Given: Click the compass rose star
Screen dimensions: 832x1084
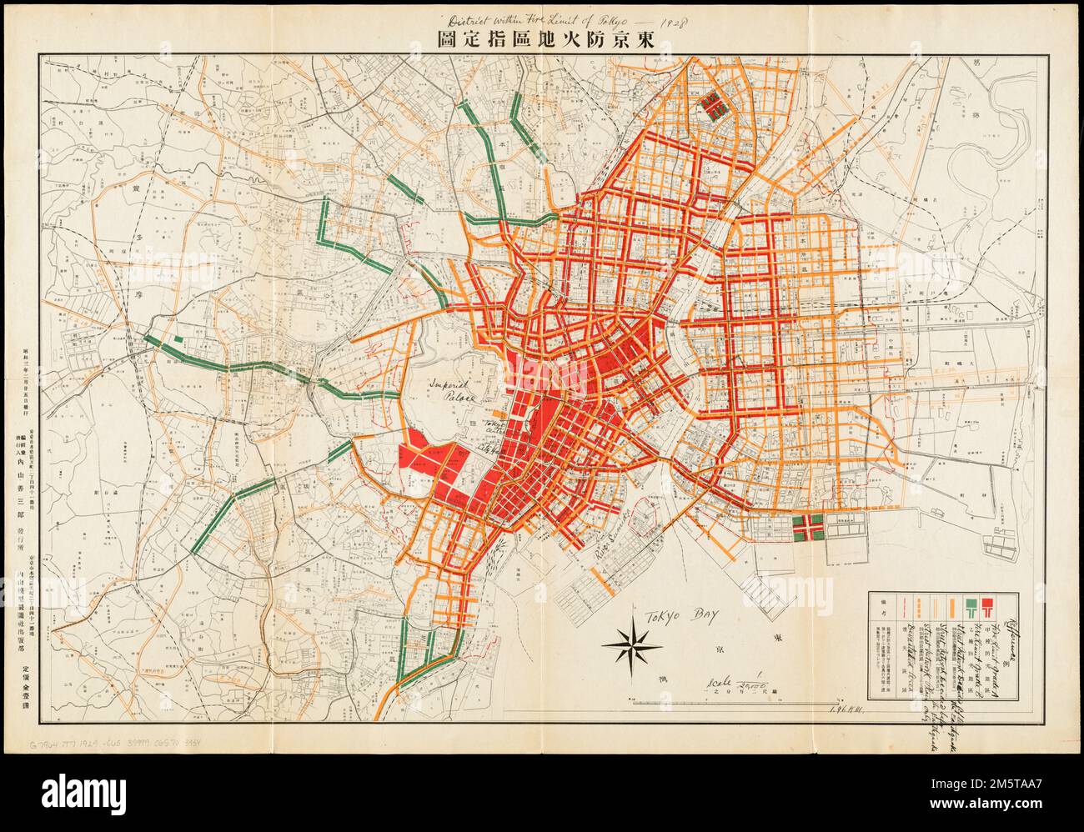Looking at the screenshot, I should click(x=638, y=639).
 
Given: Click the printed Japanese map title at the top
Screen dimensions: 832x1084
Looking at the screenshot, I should click(x=545, y=38).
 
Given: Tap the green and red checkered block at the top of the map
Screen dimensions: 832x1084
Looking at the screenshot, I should click(x=713, y=105).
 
